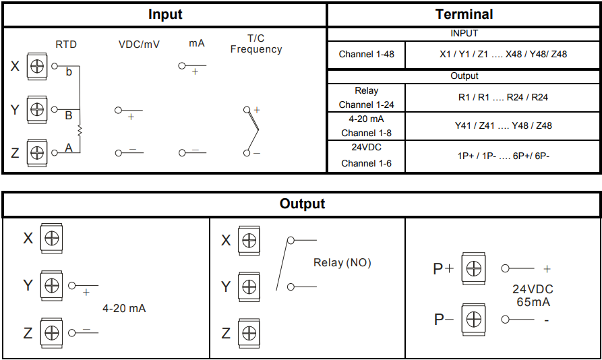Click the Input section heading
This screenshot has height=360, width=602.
pos(165,14)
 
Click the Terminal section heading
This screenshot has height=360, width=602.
pos(464,14)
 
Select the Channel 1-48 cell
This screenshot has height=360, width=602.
pos(366,54)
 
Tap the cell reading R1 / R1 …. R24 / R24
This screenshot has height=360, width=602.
pos(503,97)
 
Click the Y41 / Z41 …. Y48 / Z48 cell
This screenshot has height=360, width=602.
pos(503,125)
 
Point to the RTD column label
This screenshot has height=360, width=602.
pos(66,44)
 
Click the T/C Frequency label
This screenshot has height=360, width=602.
pos(256,44)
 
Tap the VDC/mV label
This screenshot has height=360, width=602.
pos(139,44)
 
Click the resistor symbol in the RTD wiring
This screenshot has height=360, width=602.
pos(80,130)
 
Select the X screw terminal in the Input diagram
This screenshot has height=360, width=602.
pos(37,66)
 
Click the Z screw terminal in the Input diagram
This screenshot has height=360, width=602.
pos(37,152)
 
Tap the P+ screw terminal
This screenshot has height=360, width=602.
pos(473,268)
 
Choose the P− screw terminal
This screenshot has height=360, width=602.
pos(473,319)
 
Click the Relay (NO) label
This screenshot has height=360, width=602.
pos(342,262)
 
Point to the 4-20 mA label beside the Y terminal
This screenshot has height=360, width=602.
pos(124,308)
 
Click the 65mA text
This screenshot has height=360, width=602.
pos(533,302)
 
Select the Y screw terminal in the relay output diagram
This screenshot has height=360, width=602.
pos(249,287)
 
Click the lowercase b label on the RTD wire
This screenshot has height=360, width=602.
pos(68,72)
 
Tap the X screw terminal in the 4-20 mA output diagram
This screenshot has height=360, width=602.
pos(52,238)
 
